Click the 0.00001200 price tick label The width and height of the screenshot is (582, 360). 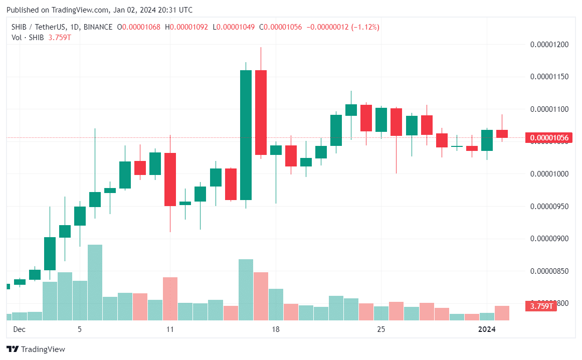tap(549, 45)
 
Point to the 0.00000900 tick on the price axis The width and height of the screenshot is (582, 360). tap(549, 239)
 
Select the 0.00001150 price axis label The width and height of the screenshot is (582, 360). tap(549, 77)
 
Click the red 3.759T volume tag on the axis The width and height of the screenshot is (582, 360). tap(542, 306)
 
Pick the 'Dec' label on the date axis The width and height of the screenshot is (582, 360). tap(19, 329)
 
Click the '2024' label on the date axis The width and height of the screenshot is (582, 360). tap(487, 329)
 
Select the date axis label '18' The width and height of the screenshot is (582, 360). tap(275, 329)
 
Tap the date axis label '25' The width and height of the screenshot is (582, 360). tap(381, 329)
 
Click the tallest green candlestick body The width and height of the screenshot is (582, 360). tap(246, 135)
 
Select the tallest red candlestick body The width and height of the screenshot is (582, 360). tap(261, 112)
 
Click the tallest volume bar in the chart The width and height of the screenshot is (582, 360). tap(95, 282)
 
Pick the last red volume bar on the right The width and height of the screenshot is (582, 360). tap(502, 313)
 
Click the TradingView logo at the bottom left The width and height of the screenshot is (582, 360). tap(36, 349)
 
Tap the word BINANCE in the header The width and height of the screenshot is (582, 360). tap(96, 27)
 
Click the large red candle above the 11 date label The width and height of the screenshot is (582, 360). tap(170, 179)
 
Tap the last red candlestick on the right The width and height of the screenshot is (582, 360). tap(502, 133)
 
